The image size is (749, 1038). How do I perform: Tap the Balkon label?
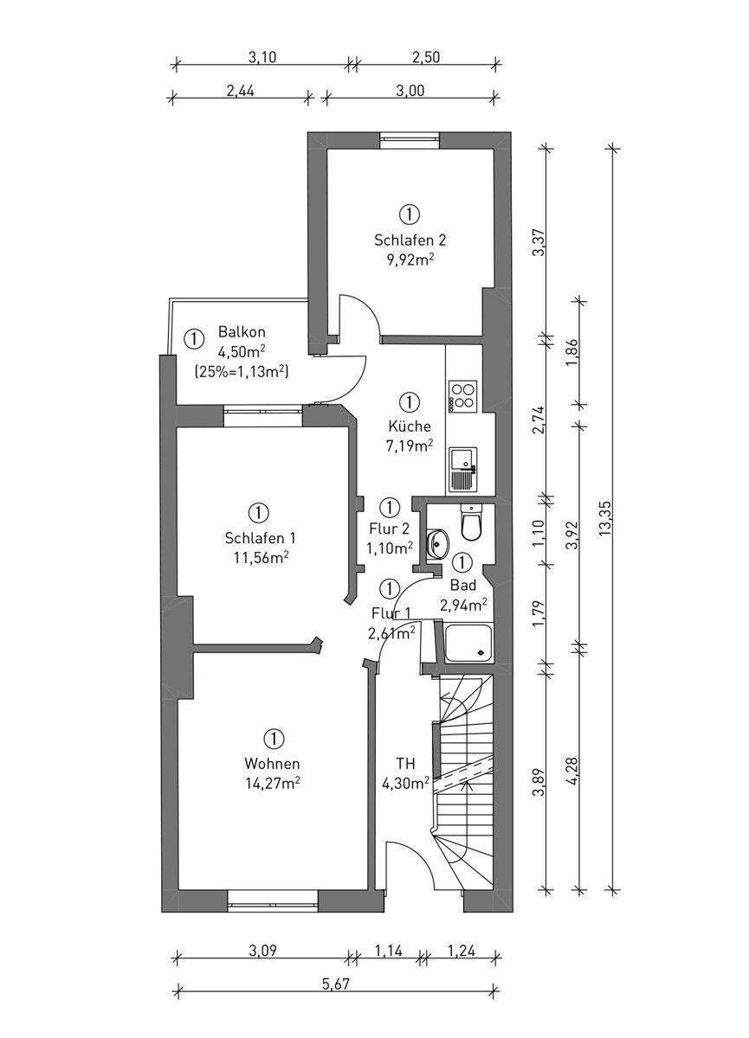pos(242,332)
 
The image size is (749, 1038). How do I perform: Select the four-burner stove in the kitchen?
pos(462,396)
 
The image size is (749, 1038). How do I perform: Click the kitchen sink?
pos(463,470)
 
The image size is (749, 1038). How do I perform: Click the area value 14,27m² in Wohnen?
pos(272,782)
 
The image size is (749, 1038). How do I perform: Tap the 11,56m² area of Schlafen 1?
pos(262,558)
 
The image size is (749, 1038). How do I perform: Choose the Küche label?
pos(410,426)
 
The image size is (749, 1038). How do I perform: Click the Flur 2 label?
pos(390,529)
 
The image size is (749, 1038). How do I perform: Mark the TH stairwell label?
pos(406,763)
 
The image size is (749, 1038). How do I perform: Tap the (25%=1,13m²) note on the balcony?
pos(242,371)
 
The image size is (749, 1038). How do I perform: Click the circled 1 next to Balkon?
pos(194,339)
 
